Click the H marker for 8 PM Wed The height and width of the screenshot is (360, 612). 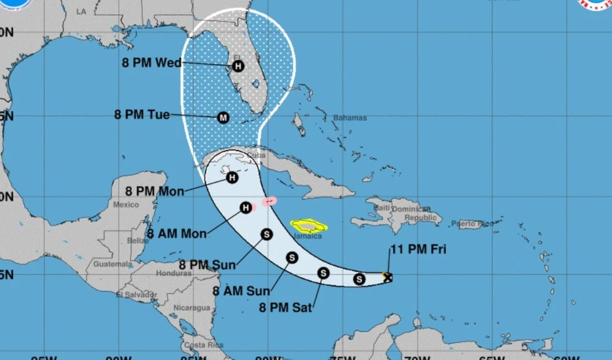(x=237, y=66)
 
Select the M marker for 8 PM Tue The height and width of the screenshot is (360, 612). (x=223, y=117)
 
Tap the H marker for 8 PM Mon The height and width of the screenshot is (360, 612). (x=232, y=178)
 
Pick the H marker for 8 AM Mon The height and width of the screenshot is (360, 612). (x=247, y=207)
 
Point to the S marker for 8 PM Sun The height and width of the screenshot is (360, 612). (x=266, y=234)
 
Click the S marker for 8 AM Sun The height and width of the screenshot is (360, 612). (x=292, y=258)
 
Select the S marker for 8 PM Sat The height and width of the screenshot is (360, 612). (x=323, y=273)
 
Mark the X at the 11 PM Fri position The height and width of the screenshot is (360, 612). (x=387, y=277)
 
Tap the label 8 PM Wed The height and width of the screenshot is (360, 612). (x=152, y=63)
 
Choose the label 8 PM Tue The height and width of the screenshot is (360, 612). (x=142, y=115)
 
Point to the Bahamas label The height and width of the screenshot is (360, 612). (x=350, y=118)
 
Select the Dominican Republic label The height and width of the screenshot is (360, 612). (x=417, y=214)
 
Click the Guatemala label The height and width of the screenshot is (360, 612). (x=112, y=264)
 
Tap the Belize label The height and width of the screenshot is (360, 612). (x=138, y=241)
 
